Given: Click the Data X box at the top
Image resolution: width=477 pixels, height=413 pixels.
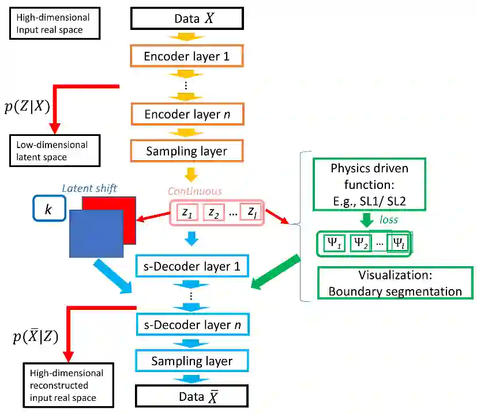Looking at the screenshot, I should (187, 18).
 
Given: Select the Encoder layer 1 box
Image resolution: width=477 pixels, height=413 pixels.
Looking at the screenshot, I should (187, 56).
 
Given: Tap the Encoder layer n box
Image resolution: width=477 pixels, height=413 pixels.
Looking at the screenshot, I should (187, 114).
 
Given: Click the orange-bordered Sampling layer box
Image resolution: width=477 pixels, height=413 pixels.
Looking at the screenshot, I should (187, 151).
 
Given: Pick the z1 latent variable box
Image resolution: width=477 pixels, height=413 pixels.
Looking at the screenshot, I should (186, 213).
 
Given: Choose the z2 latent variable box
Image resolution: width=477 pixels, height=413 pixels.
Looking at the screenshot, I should (213, 213).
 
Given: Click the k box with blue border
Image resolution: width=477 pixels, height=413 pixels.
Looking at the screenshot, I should (49, 209).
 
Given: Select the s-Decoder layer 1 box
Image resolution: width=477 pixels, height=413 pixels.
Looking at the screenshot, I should (191, 267).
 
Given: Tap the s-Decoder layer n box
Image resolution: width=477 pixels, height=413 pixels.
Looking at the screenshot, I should (191, 324).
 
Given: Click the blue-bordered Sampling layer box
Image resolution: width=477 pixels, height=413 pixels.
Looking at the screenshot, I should (191, 361).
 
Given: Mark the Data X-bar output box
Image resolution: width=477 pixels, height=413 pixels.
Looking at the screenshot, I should (191, 396).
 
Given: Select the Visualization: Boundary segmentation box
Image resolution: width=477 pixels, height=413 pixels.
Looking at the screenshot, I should (395, 283).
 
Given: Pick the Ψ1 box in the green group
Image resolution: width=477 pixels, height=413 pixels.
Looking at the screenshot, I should (334, 243).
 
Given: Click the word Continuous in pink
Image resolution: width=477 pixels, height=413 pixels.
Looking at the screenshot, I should (195, 191).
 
